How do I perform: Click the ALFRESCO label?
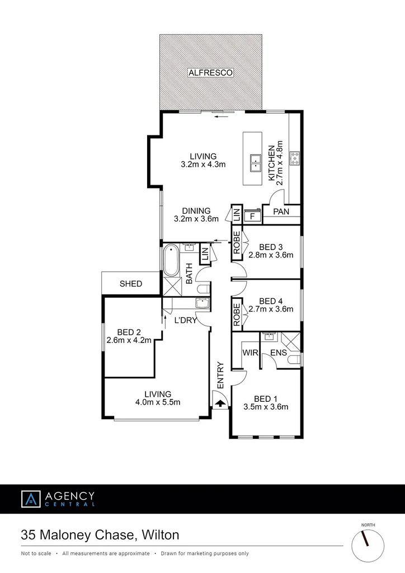point(210,73)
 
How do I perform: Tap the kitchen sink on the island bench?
point(256,163)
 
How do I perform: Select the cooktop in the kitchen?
point(295,159)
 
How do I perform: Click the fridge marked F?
point(252,215)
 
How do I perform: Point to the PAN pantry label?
point(281,212)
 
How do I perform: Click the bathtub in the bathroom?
point(171,261)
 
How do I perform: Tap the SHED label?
point(131,284)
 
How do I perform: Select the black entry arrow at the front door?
point(220,402)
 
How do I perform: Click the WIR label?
point(249,353)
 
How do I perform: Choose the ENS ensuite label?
point(279,353)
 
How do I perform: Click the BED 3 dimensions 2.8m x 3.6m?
point(271,256)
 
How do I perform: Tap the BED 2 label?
point(129,331)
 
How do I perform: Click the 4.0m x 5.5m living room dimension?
point(157,402)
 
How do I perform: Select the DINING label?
point(196,211)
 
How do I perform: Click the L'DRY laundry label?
point(184,321)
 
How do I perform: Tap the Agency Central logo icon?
point(31,499)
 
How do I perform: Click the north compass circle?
point(368,544)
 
